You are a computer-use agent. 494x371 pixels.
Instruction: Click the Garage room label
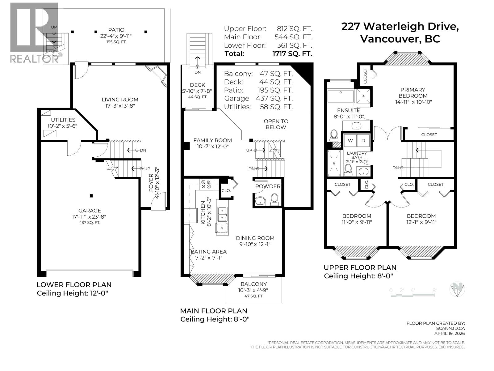point(90,211)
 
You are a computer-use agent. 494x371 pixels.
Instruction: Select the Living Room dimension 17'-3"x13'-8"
point(120,106)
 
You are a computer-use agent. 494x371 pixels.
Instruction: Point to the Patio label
point(116,30)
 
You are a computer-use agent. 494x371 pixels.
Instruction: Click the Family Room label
point(212,140)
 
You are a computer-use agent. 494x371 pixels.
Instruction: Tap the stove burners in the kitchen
point(206,185)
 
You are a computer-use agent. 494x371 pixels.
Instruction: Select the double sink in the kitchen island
point(222,214)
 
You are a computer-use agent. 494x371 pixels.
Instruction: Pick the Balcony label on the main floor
point(254,284)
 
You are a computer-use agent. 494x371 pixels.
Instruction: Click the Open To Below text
point(276,124)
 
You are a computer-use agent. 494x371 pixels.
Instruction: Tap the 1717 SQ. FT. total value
point(292,54)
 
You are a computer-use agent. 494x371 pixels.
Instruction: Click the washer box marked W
point(350,141)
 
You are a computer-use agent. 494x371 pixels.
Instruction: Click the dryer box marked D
point(363,141)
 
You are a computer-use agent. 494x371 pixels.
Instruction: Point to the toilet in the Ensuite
point(334,135)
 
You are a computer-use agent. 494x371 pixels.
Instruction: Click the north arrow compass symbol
point(457,290)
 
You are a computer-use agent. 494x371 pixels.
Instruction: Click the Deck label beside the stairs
point(198,85)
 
